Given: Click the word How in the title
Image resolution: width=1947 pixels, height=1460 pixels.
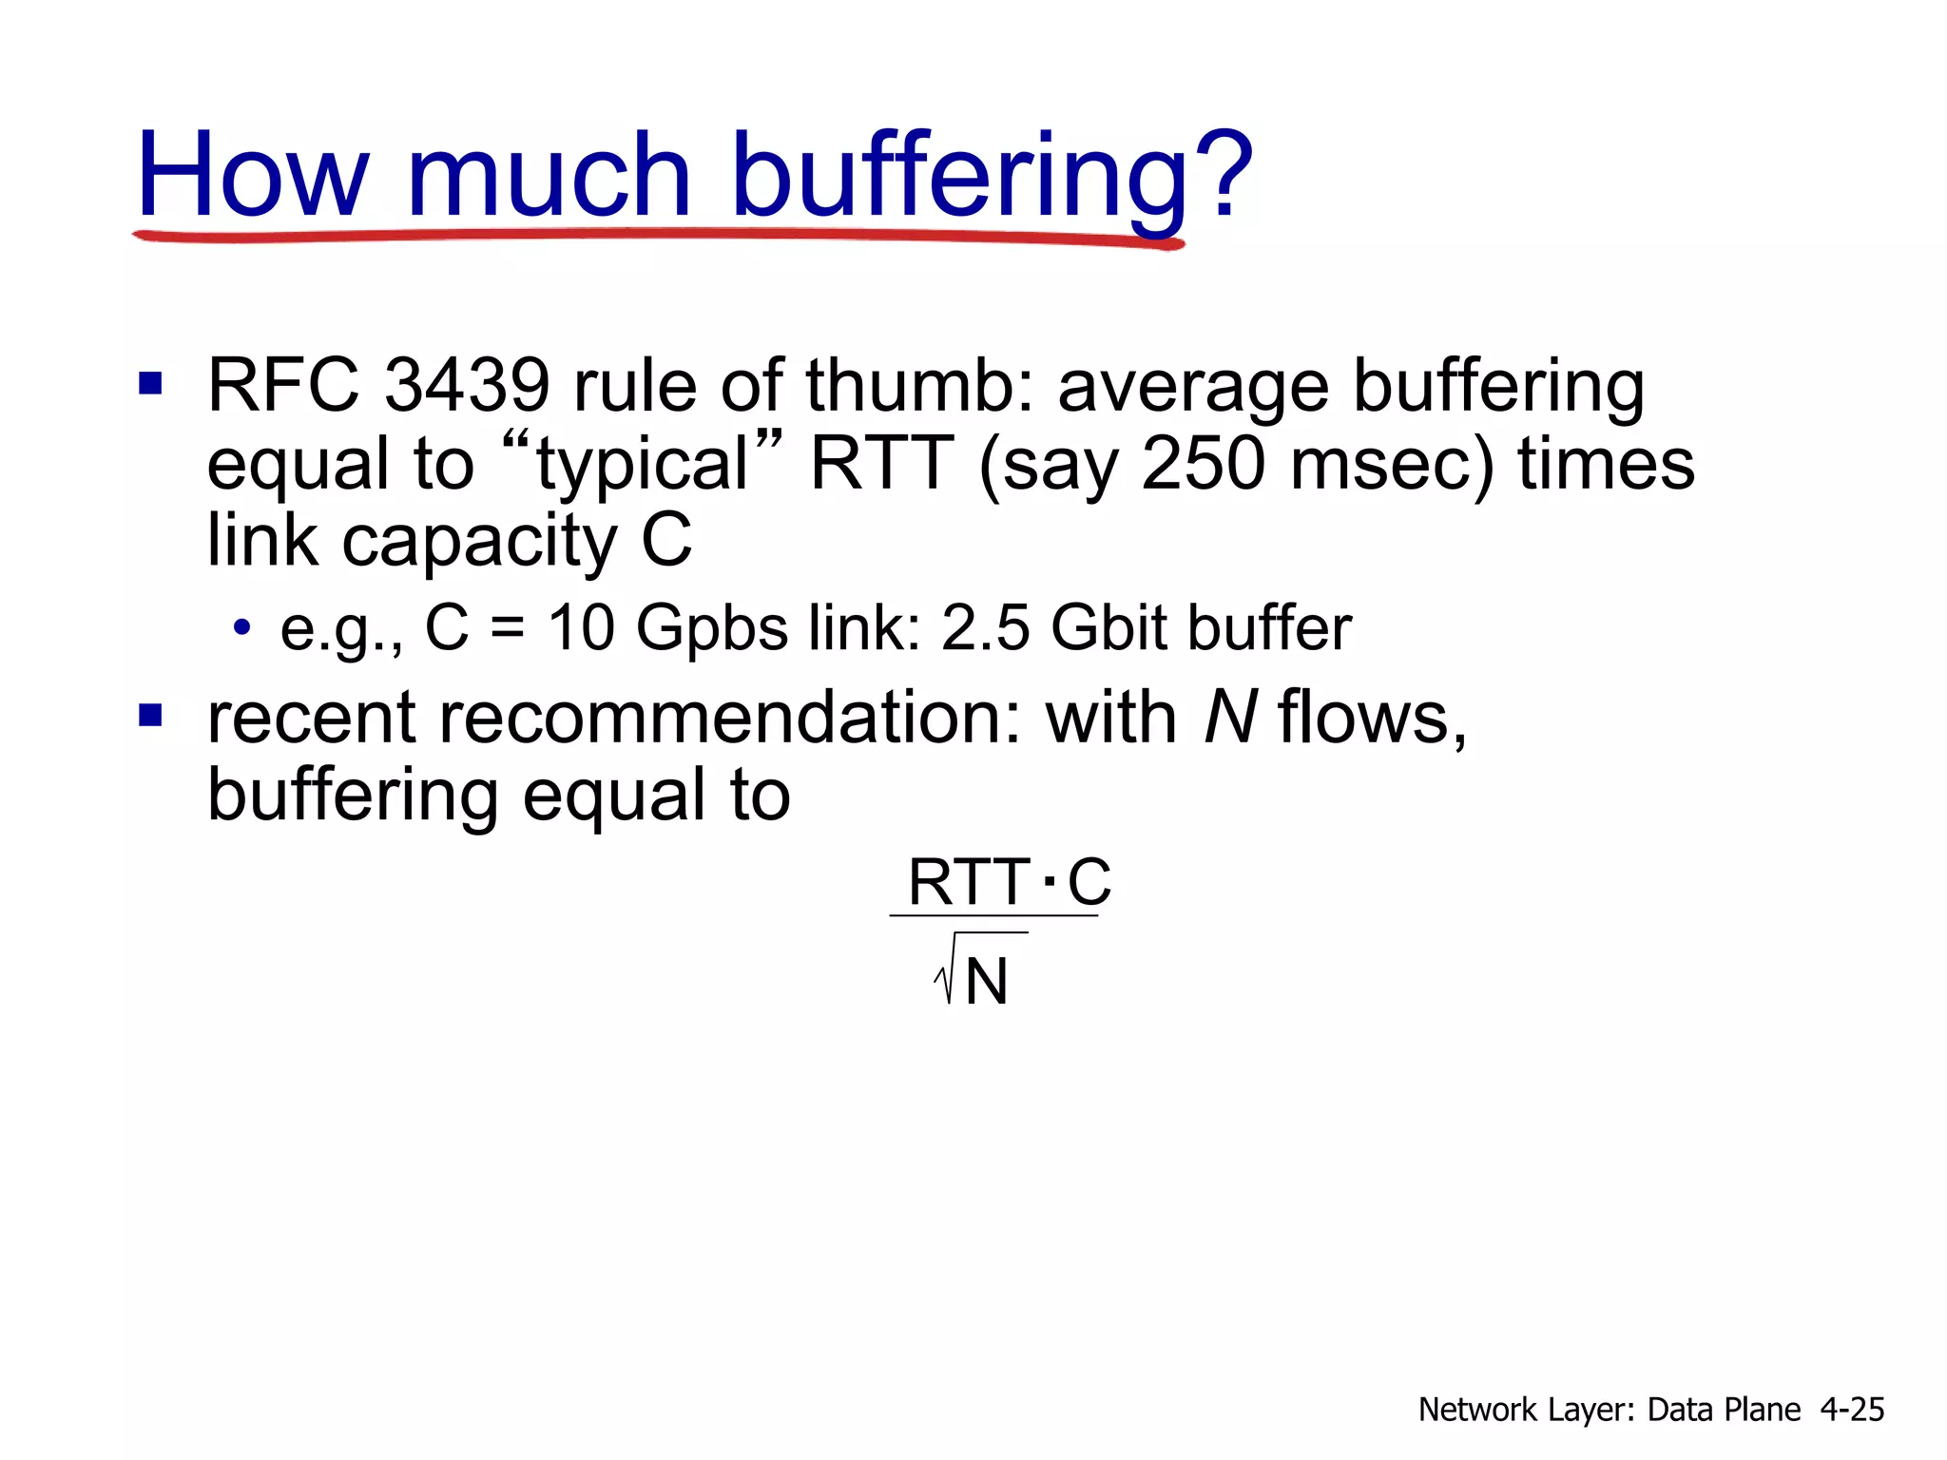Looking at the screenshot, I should point(252,176).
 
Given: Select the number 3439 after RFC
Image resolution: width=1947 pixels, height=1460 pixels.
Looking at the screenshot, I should point(467,386).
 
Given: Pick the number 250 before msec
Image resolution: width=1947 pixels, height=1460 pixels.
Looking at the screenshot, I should point(1204,464).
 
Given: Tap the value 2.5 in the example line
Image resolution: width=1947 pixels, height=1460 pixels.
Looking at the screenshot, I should point(985,628).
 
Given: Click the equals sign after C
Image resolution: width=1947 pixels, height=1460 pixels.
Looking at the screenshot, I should point(509,629).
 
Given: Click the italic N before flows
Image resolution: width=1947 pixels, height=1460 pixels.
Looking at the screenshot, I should point(1230,718).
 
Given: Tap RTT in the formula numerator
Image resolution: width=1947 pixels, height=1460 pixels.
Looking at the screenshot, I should point(968,882).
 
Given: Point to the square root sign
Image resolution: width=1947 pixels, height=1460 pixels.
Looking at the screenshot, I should point(945,973).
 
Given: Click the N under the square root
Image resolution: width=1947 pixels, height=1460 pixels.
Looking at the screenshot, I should point(986,982).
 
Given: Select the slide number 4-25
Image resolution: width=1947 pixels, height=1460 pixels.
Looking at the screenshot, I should point(1852,1410).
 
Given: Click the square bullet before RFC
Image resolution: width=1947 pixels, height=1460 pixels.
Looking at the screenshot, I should point(150,384).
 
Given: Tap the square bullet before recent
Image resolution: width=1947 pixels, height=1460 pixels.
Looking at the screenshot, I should point(150,715).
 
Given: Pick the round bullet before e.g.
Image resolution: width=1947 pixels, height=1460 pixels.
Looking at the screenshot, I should point(242,627).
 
